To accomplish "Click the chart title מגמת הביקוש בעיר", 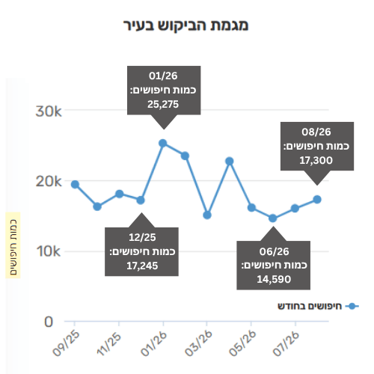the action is pos(186,26).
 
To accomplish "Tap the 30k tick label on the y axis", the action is pos(49,111).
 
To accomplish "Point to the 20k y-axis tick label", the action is pos(49,181).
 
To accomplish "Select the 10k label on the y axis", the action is pos(49,251).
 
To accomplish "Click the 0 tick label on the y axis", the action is pos(49,322).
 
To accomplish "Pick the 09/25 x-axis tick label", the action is pos(66,343).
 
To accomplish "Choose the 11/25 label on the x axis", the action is pos(109,343).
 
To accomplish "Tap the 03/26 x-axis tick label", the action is pos(198,343).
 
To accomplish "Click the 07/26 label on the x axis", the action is pos(286,343).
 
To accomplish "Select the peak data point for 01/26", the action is pos(163,143).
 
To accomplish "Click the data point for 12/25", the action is pos(141,200).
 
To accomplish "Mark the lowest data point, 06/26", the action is pos(273,218).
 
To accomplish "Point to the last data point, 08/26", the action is pos(317,200).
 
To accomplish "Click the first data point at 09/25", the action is pos(75,184).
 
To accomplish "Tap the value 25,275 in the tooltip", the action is pos(163,105).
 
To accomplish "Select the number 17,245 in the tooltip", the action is pos(142,266).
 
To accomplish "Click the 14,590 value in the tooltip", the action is pos(274,280).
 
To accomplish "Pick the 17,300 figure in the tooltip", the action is pos(316,160).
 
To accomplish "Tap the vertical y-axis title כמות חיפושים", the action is pos(13,248).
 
